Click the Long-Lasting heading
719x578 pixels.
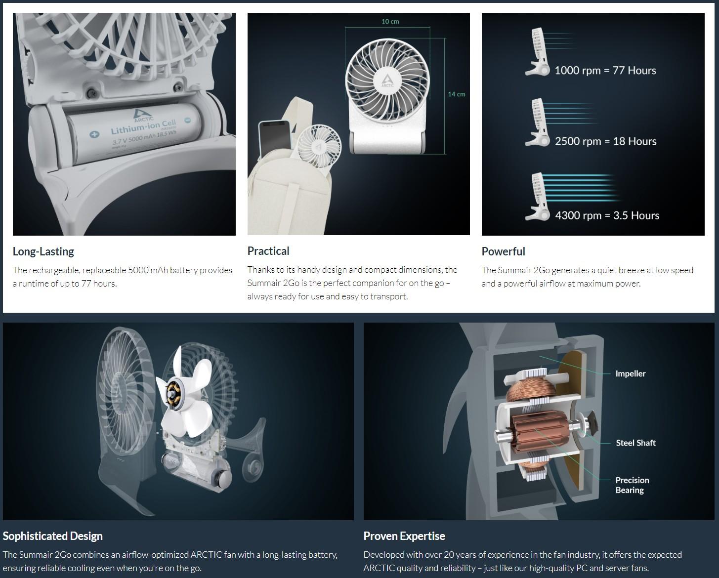[43, 251]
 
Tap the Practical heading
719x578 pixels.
[268, 251]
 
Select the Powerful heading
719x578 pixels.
[503, 251]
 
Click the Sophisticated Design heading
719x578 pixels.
[52, 536]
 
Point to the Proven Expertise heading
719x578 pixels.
[404, 536]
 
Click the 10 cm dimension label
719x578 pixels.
[390, 22]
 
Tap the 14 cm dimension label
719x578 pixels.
[457, 94]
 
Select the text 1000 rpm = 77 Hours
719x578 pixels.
[605, 71]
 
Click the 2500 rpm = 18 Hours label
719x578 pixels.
[605, 141]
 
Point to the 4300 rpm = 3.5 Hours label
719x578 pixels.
[607, 215]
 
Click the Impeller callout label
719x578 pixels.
[631, 373]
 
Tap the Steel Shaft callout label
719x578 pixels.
[635, 443]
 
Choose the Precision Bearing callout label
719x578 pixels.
[632, 485]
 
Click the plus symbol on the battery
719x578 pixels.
[94, 134]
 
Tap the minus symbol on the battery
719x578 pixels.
[188, 120]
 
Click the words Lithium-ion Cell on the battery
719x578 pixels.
[143, 126]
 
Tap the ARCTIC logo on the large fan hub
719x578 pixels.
[387, 81]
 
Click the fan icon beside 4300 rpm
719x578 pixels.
[537, 197]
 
